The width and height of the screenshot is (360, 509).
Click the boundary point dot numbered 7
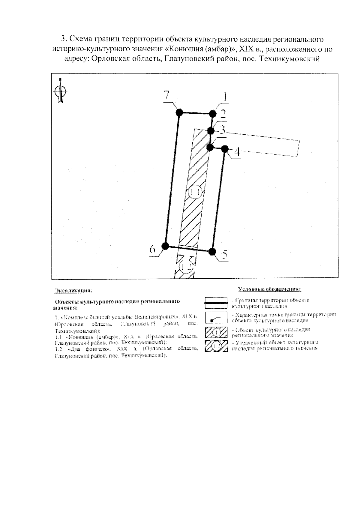pyautogui.click(x=179, y=112)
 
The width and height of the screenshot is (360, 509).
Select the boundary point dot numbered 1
pyautogui.click(x=213, y=114)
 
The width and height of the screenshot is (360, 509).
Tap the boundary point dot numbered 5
pyautogui.click(x=212, y=251)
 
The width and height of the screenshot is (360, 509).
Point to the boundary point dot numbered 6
pyautogui.click(x=165, y=246)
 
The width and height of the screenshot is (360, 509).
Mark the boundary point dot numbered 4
pyautogui.click(x=225, y=149)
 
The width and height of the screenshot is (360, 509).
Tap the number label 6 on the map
pyautogui.click(x=153, y=250)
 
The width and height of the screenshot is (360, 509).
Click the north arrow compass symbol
pyautogui.click(x=61, y=91)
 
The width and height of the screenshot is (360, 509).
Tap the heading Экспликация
pyautogui.click(x=73, y=291)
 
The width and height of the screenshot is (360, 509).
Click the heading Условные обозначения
pyautogui.click(x=269, y=289)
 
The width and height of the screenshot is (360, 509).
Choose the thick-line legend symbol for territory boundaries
pyautogui.click(x=216, y=303)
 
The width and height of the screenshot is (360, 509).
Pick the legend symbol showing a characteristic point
pyautogui.click(x=216, y=317)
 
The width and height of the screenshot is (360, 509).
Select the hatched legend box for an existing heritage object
pyautogui.click(x=216, y=332)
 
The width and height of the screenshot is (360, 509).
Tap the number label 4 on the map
pyautogui.click(x=237, y=152)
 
